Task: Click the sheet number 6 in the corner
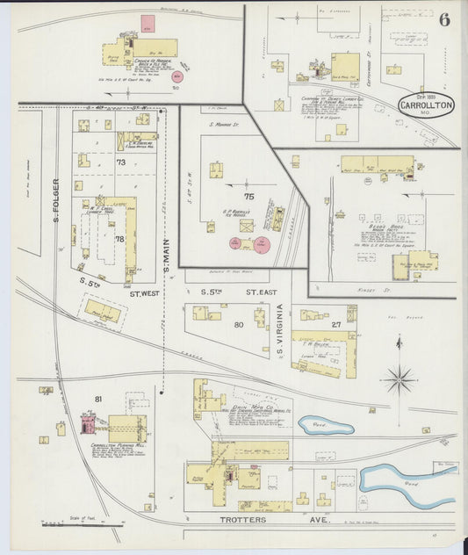[444, 21]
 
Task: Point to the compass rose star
[400, 379]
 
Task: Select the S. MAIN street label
[168, 249]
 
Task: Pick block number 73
[120, 162]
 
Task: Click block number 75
[248, 197]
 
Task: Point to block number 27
[335, 325]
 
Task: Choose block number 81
[98, 400]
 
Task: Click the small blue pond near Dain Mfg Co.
[325, 427]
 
